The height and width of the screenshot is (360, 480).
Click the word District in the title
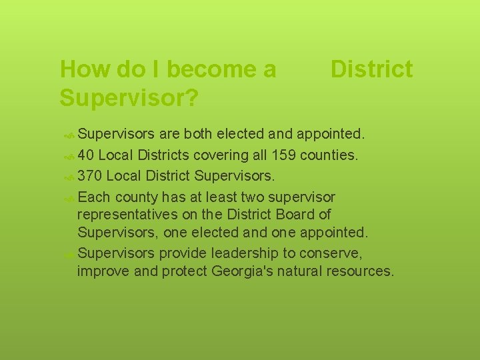click(x=371, y=69)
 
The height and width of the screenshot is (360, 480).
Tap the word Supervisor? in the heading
click(x=128, y=97)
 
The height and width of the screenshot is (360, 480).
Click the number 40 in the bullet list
click(x=85, y=156)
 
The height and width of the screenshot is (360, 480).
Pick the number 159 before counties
click(x=283, y=156)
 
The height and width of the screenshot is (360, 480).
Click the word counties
click(x=329, y=156)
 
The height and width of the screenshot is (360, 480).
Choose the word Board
click(x=297, y=215)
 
